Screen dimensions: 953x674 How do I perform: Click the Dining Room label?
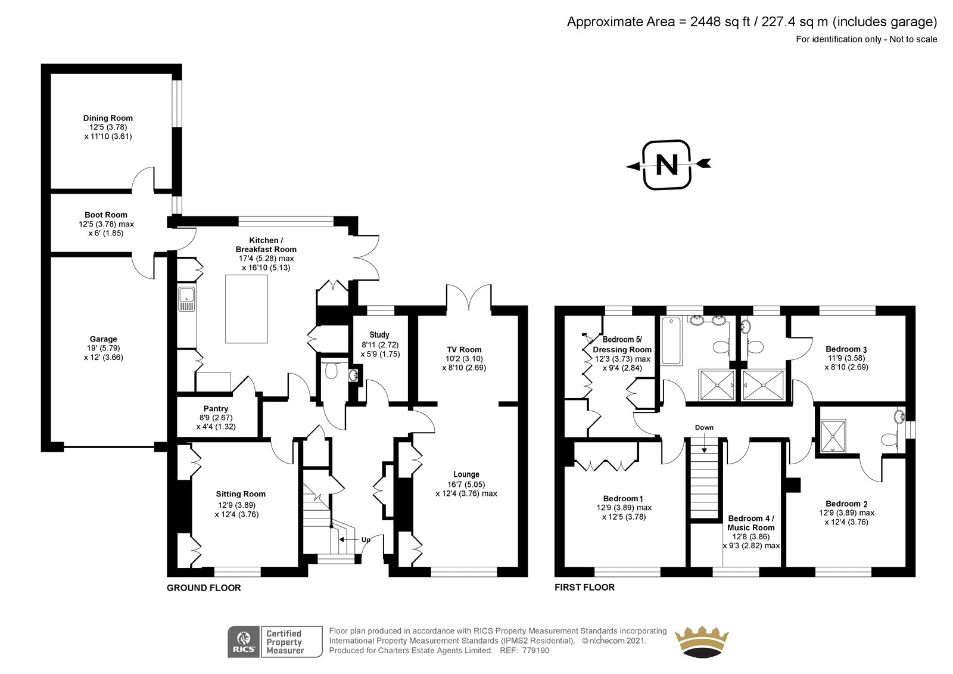click(x=108, y=118)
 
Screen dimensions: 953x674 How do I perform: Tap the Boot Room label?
click(x=106, y=215)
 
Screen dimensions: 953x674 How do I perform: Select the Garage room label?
click(x=104, y=339)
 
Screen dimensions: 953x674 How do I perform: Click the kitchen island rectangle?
click(x=247, y=309)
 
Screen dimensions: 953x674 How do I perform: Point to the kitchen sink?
click(x=187, y=299)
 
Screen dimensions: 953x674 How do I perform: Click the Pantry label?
click(x=216, y=408)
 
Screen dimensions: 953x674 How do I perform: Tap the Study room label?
click(x=379, y=335)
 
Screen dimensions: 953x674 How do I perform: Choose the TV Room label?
click(x=464, y=350)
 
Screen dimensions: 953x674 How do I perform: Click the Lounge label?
click(x=466, y=474)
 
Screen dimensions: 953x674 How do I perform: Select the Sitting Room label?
click(x=241, y=494)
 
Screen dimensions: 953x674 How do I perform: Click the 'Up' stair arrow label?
click(x=366, y=539)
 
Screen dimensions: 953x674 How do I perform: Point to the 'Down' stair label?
click(x=704, y=427)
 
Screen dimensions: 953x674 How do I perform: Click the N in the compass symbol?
click(x=667, y=164)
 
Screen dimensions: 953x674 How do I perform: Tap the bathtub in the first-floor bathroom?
click(x=671, y=341)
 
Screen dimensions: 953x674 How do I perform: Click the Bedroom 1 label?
click(x=623, y=498)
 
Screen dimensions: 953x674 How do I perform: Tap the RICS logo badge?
click(x=244, y=642)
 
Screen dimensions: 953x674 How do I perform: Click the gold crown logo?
click(x=702, y=642)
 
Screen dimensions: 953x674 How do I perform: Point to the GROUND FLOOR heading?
click(x=204, y=588)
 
